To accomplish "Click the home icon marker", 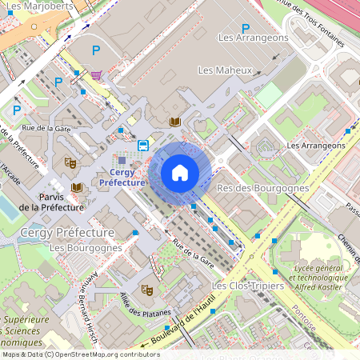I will click(180, 172).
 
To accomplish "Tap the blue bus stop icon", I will click(142, 145).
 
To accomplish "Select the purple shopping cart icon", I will click(97, 76).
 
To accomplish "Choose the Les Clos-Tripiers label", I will click(247, 286).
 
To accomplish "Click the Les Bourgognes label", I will click(86, 248).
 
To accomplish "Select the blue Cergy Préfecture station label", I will click(122, 178).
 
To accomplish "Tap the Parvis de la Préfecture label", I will click(51, 202).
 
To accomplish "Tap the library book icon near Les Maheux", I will click(175, 122).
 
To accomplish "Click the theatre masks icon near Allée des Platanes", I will click(146, 290).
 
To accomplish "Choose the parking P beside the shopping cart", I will click(96, 50).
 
